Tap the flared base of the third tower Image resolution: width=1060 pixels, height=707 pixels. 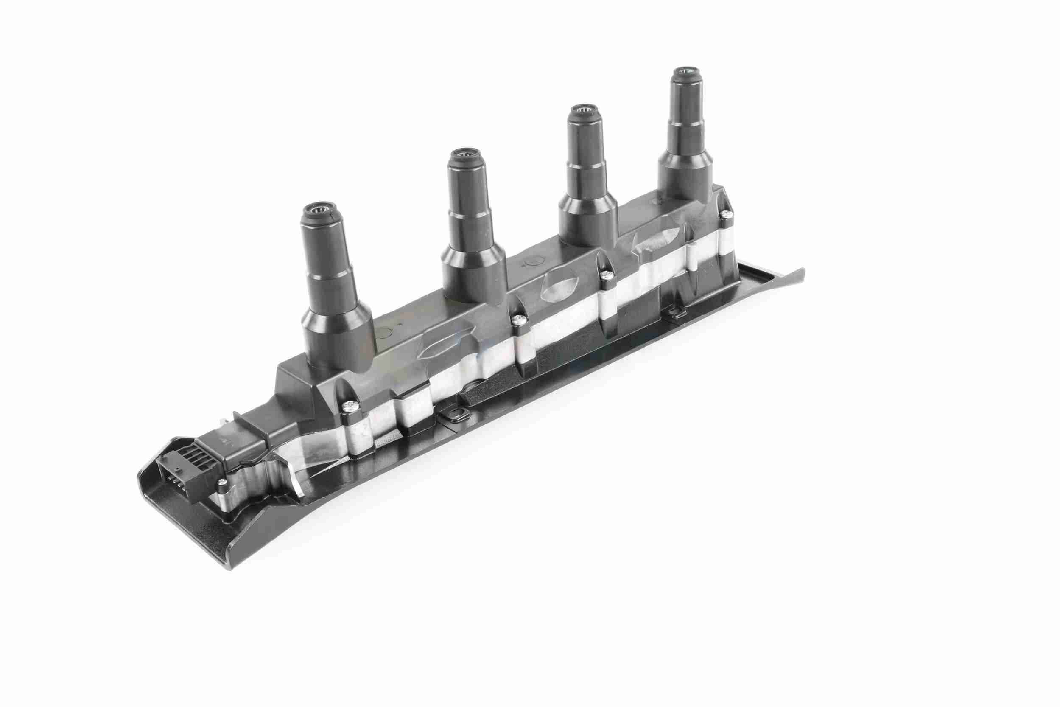coord(587,223)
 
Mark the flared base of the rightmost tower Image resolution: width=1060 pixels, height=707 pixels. coord(685,180)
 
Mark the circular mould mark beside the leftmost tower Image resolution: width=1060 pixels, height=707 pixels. coord(383,334)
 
